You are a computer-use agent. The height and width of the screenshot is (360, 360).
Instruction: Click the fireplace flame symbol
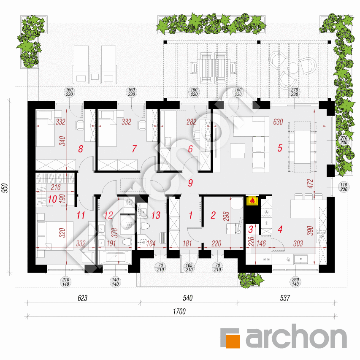[x=252, y=200]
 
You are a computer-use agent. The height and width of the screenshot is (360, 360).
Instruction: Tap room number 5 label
[x=280, y=148]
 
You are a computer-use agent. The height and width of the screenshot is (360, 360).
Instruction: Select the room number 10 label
[x=52, y=199]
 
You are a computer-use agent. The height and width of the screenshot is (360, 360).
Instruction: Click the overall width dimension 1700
[x=179, y=311]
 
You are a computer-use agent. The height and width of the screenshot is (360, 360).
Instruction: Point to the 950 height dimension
[x=5, y=187]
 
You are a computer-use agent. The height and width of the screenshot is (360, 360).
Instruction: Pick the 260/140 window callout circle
[x=295, y=282]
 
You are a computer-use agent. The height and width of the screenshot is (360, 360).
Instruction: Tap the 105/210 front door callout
[x=189, y=268]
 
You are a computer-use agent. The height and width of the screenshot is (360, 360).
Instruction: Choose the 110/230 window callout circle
[x=344, y=187]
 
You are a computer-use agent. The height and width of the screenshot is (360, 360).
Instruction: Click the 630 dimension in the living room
[x=278, y=122]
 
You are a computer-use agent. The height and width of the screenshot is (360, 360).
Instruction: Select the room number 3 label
[x=251, y=229]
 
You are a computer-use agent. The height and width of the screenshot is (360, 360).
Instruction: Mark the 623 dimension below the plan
[x=82, y=298]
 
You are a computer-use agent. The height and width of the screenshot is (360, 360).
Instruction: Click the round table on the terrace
[x=293, y=68]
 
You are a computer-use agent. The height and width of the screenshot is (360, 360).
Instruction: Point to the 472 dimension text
[x=310, y=184]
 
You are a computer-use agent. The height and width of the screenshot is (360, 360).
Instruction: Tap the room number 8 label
[x=80, y=149]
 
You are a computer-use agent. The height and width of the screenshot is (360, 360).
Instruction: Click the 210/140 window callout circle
[x=66, y=282]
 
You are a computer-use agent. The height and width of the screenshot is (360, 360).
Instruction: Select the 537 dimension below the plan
[x=285, y=298]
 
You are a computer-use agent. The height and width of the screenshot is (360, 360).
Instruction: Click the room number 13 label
[x=156, y=215]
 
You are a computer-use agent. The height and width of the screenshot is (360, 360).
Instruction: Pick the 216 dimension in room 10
[x=56, y=187]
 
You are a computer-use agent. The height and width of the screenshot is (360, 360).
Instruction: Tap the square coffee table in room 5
[x=238, y=151]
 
